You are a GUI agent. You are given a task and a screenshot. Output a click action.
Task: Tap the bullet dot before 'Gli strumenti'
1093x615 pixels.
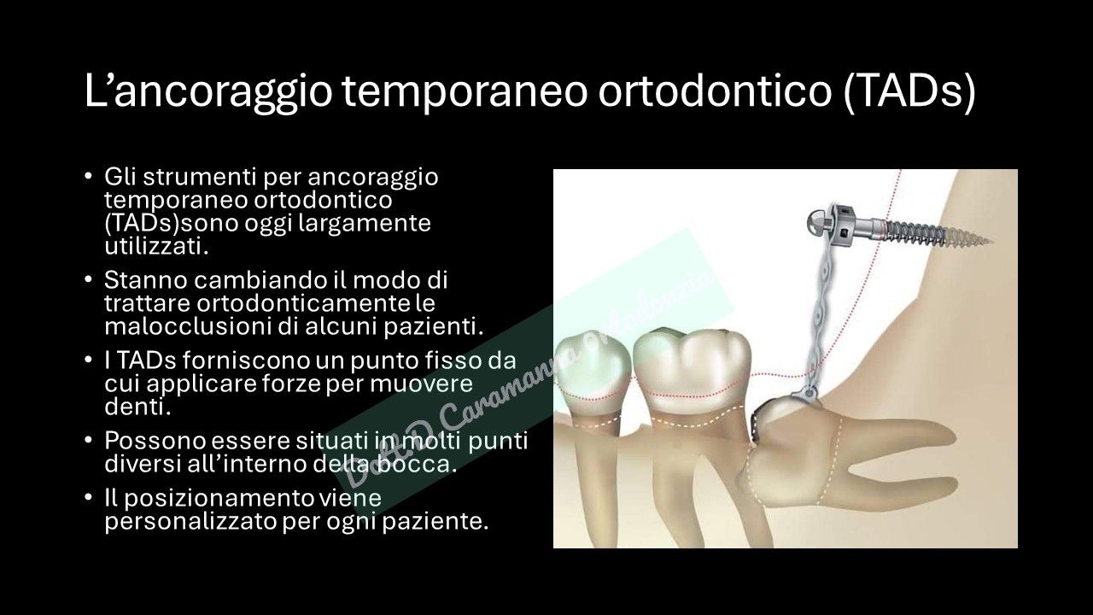[x=89, y=177]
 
